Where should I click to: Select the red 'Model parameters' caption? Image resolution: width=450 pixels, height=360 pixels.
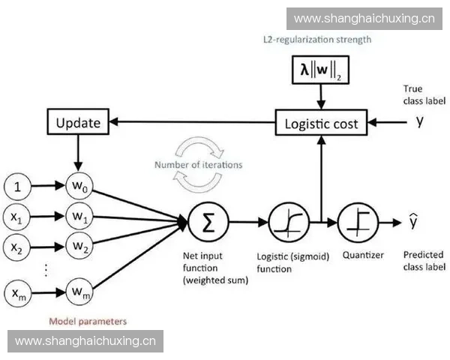(88, 321)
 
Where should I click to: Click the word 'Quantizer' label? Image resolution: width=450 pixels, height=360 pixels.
(363, 255)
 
